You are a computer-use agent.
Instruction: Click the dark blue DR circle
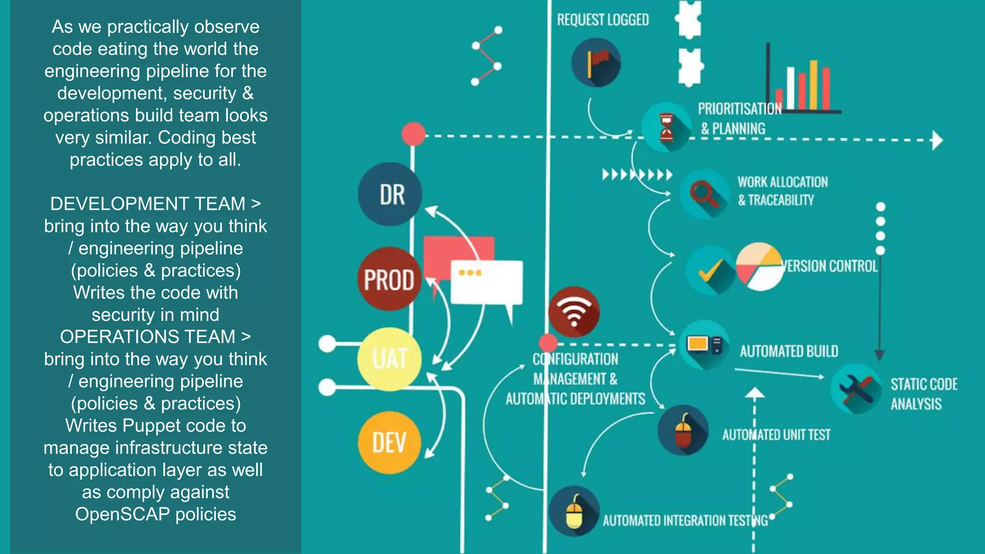point(390,194)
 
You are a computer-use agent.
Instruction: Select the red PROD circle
point(389,279)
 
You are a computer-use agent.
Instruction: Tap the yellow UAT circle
point(390,359)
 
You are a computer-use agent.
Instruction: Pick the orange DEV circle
point(390,442)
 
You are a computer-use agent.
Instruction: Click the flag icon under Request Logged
point(596,63)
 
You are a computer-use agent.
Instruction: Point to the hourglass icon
point(667,127)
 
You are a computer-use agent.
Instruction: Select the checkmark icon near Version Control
point(710,270)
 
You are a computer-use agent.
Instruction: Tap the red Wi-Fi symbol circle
point(574,312)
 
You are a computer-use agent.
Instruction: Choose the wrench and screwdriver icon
point(856,389)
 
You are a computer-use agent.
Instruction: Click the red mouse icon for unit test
point(683,430)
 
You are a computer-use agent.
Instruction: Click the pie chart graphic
point(760,266)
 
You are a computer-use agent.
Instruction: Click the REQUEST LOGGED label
point(603,20)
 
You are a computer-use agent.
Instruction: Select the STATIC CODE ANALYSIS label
point(923,394)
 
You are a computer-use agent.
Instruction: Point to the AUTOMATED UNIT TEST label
point(776,435)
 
